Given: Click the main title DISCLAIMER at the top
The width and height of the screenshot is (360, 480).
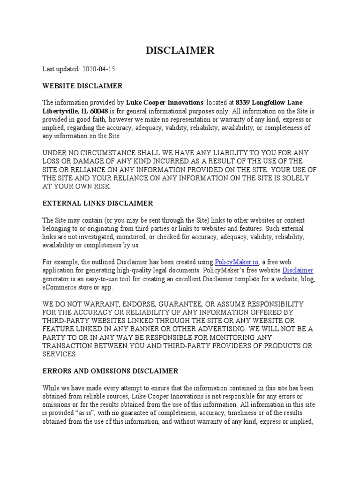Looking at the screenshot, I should [x=180, y=51].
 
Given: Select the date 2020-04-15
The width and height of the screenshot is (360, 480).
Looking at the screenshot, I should [x=98, y=69].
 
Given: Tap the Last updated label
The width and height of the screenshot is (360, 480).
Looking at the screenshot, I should [x=61, y=69].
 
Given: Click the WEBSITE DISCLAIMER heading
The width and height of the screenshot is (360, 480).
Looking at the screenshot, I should [x=82, y=86].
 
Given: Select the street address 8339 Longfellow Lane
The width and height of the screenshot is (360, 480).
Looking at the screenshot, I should [x=270, y=103].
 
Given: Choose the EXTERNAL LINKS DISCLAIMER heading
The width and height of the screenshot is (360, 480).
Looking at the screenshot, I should [x=97, y=203].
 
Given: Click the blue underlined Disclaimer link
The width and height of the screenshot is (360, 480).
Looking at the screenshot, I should [x=298, y=270].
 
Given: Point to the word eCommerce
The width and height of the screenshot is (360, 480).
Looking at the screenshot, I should [x=60, y=287].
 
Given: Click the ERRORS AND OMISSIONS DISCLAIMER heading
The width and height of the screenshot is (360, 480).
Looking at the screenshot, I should [x=110, y=371].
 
